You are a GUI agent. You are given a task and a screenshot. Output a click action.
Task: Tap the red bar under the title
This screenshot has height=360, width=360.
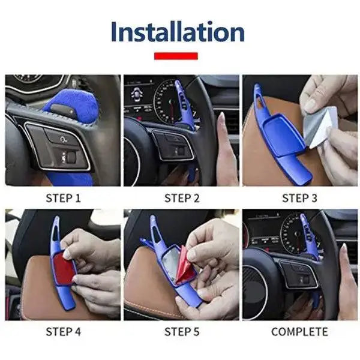point(176,56)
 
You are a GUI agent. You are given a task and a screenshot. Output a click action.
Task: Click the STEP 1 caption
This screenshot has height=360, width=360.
point(62,197)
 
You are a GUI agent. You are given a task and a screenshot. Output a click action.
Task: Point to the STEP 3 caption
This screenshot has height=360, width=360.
point(299,197)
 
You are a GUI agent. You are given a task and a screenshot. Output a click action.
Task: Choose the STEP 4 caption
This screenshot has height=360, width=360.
point(62,331)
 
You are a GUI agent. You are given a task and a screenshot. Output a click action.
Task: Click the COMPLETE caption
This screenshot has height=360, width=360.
point(299,331)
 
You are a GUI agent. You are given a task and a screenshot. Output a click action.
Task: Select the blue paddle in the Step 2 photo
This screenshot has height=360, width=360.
point(184,105)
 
